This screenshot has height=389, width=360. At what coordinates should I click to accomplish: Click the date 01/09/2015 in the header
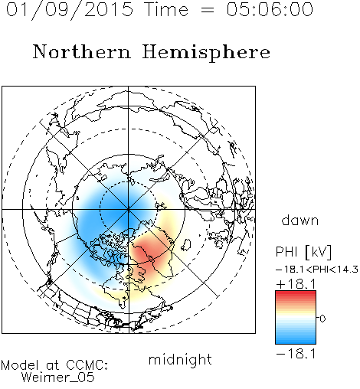pyautogui.click(x=70, y=10)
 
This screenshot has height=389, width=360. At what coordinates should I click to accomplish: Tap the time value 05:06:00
pyautogui.click(x=270, y=9)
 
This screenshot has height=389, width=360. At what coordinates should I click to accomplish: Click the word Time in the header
pyautogui.click(x=166, y=9)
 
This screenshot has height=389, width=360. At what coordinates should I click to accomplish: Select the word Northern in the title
pyautogui.click(x=82, y=51)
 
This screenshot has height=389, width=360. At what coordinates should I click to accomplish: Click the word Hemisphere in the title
pyautogui.click(x=206, y=53)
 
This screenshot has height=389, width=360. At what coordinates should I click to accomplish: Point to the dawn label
pyautogui.click(x=300, y=220)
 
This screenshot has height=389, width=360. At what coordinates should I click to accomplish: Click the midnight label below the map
pyautogui.click(x=180, y=359)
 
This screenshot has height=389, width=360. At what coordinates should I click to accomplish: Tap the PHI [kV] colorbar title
pyautogui.click(x=303, y=252)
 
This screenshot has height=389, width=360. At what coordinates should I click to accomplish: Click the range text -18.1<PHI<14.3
pyautogui.click(x=317, y=270)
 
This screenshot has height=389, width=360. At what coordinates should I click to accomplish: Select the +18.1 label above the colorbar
pyautogui.click(x=296, y=284)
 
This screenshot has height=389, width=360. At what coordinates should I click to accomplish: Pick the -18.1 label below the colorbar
pyautogui.click(x=296, y=354)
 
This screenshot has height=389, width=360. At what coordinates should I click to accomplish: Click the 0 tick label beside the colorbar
pyautogui.click(x=322, y=319)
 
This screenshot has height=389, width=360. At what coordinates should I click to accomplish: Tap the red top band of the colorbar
pyautogui.click(x=296, y=294)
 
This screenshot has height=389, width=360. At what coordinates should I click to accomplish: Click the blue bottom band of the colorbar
pyautogui.click(x=296, y=341)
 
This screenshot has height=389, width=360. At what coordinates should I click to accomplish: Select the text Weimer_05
pyautogui.click(x=58, y=377)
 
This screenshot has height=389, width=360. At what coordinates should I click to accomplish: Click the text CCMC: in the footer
pyautogui.click(x=87, y=365)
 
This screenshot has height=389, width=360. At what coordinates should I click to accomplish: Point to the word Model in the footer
pyautogui.click(x=20, y=365)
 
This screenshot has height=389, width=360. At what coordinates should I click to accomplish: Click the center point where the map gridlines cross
pyautogui.click(x=129, y=209)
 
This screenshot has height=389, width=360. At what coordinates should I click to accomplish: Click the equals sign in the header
pyautogui.click(x=207, y=10)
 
